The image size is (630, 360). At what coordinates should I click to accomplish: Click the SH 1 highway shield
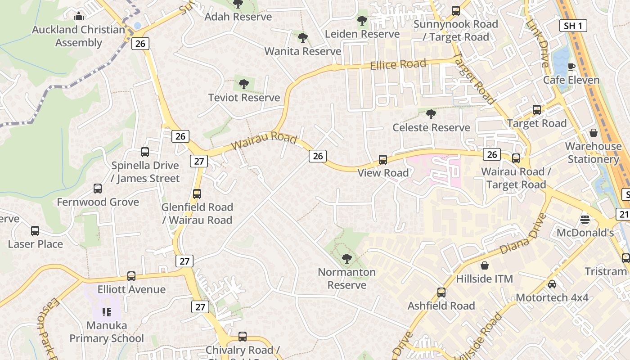click(573, 26)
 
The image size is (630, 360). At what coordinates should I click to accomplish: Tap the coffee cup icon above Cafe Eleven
click(571, 67)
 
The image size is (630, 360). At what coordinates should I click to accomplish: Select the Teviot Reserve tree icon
click(243, 84)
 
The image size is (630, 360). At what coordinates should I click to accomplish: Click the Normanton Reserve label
click(346, 279)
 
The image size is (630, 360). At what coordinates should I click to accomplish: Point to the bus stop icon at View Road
click(383, 159)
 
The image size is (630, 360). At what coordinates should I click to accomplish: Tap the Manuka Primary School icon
click(107, 312)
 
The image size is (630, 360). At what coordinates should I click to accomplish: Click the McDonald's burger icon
click(585, 220)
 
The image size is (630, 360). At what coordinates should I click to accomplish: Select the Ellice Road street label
click(398, 65)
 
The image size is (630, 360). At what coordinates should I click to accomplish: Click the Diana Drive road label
click(523, 234)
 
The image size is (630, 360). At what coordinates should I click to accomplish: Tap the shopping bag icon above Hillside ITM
click(485, 265)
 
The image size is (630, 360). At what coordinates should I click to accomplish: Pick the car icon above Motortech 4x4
click(552, 284)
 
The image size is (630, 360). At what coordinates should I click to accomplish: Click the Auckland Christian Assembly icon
click(79, 17)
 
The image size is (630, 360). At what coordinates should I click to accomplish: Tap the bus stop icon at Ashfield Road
click(441, 292)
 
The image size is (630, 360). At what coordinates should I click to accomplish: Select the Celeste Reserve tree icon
click(431, 114)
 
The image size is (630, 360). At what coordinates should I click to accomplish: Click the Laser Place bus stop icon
click(35, 231)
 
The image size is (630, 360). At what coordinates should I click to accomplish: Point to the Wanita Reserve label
click(303, 51)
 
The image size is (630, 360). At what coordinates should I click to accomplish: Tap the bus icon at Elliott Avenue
click(131, 276)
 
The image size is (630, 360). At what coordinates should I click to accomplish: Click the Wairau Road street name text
click(264, 140)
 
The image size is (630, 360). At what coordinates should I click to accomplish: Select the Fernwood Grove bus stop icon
click(98, 189)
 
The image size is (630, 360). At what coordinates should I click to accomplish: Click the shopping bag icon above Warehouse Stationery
click(594, 133)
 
